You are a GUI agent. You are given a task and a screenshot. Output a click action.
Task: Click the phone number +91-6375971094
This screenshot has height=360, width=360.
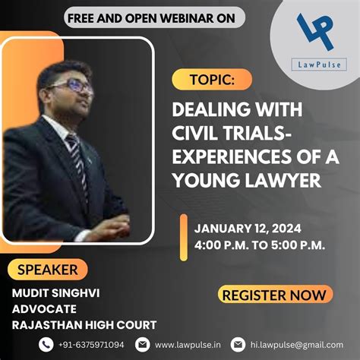click(91, 344)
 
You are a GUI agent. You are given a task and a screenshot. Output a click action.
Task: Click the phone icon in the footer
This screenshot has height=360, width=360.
click(47, 344)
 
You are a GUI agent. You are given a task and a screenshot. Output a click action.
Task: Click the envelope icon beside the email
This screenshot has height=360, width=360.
click(238, 344)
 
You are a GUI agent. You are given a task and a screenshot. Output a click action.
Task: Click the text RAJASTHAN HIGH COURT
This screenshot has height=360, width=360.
click(84, 325)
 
